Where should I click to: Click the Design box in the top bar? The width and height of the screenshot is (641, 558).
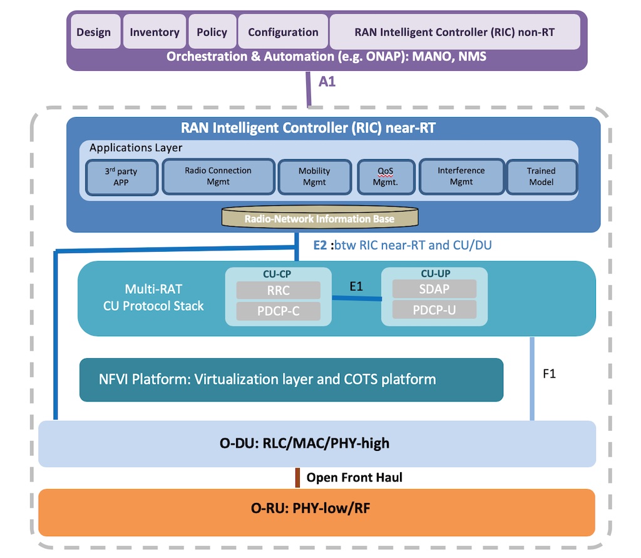(94, 31)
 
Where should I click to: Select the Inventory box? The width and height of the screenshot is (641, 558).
(155, 31)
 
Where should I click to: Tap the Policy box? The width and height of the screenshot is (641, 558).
(212, 31)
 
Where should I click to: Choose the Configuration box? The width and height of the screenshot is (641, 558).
(283, 31)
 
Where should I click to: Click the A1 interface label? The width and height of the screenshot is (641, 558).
(327, 81)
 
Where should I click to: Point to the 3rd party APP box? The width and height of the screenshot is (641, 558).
(121, 177)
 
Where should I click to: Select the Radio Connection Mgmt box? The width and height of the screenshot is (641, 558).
(218, 177)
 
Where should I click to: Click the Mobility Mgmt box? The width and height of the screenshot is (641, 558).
(314, 177)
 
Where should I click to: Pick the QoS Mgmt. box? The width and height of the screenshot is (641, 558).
(386, 177)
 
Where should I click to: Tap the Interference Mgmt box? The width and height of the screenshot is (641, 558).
(461, 177)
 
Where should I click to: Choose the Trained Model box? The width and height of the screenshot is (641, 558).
(541, 177)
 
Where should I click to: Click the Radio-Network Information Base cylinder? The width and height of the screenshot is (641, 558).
(320, 217)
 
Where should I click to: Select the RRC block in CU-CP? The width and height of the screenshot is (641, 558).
(279, 291)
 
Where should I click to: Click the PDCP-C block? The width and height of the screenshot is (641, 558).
(279, 311)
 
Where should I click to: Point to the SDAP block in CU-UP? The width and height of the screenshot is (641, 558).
(434, 289)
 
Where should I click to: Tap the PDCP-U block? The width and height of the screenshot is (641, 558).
(434, 309)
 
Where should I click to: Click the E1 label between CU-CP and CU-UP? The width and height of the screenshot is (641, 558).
(356, 286)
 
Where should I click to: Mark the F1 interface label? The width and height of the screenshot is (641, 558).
(549, 373)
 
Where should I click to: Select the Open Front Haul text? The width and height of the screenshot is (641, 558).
(354, 477)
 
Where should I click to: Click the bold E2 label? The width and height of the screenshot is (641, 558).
(320, 245)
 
